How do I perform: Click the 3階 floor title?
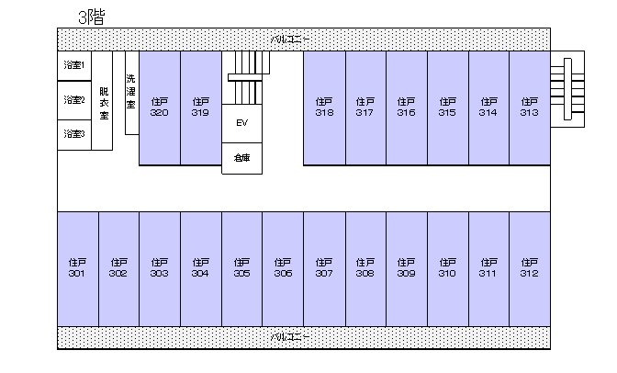click(x=91, y=17)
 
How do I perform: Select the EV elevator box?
click(x=242, y=123)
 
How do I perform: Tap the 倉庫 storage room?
click(x=242, y=158)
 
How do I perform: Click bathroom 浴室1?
click(x=74, y=66)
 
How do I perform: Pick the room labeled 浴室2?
click(x=74, y=100)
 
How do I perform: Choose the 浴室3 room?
click(x=74, y=135)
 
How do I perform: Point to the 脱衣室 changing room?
click(x=102, y=100)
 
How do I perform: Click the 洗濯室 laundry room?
click(x=132, y=93)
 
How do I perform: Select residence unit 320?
click(x=160, y=107)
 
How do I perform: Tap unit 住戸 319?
click(x=201, y=107)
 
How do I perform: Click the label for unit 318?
click(x=324, y=107)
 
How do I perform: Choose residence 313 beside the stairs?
click(x=530, y=107)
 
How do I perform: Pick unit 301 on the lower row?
click(x=78, y=269)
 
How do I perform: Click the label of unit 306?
click(x=283, y=268)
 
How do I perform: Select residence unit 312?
click(x=530, y=269)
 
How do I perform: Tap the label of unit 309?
click(x=407, y=268)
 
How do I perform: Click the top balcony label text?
click(x=290, y=40)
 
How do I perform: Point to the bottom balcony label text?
click(x=290, y=337)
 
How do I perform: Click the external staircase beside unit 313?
click(x=567, y=89)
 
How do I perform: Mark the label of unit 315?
click(x=447, y=107)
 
